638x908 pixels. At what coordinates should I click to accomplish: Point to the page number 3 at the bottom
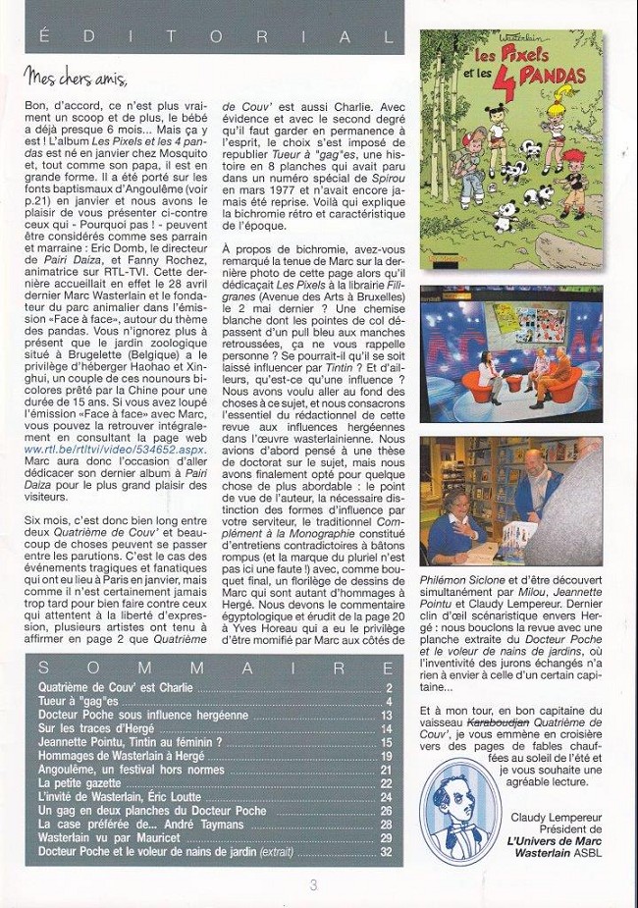(x=312, y=884)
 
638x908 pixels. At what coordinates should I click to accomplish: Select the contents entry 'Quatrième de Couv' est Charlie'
(x=115, y=688)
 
